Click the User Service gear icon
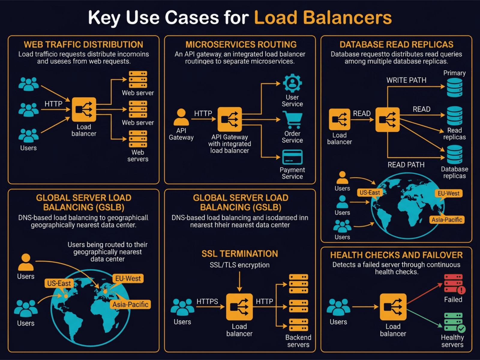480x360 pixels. (x=292, y=83)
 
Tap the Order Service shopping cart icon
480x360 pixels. (x=292, y=120)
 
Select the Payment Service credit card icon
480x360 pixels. (x=292, y=157)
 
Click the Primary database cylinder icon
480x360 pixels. (x=454, y=87)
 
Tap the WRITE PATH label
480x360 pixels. (x=406, y=80)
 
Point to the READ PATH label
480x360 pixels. (x=406, y=165)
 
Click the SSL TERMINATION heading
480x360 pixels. (x=239, y=254)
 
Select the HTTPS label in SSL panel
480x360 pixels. (x=207, y=301)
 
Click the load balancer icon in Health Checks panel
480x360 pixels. (x=393, y=307)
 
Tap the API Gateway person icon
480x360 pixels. (x=181, y=117)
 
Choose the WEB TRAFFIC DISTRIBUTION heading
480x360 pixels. (x=83, y=44)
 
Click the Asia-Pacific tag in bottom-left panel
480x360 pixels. (x=130, y=304)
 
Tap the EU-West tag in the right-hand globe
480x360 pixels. (x=448, y=193)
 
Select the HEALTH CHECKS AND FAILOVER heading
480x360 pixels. (x=396, y=255)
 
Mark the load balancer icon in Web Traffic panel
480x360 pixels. (x=84, y=109)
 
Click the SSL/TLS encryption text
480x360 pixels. (x=239, y=265)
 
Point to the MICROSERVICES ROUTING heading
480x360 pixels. (x=241, y=44)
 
